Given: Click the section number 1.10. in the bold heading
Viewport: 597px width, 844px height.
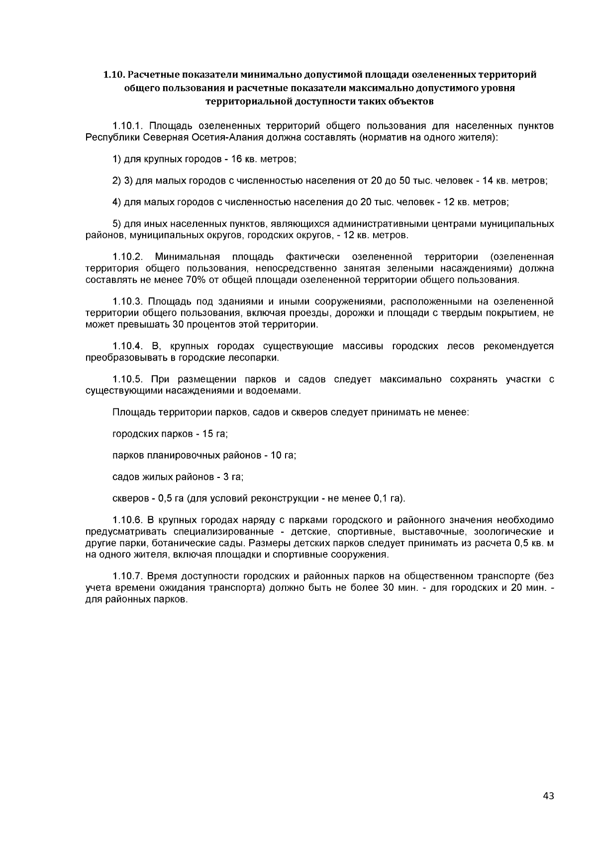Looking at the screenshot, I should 114,75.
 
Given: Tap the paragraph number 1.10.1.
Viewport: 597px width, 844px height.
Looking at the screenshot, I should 127,126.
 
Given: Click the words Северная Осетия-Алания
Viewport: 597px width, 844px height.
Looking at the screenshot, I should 186,137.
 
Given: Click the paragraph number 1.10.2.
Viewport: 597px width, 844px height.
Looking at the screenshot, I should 128,257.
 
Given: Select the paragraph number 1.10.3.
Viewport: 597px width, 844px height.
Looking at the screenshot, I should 127,302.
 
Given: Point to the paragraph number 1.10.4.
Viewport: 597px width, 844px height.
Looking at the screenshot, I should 127,346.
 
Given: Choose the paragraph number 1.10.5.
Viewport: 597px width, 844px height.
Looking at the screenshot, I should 127,380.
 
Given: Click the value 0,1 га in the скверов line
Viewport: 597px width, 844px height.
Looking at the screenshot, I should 391,498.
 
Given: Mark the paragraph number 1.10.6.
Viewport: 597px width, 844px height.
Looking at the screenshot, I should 127,520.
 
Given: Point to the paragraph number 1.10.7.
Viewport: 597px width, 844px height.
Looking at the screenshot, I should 127,576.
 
